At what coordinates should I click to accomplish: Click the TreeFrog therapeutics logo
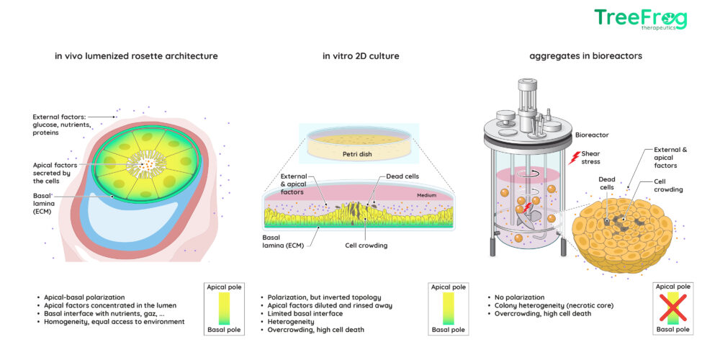(x=641, y=19)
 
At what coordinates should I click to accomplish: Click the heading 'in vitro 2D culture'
(x=361, y=56)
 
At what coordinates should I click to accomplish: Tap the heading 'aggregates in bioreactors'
(x=585, y=56)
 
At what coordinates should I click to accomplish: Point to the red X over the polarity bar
(x=672, y=307)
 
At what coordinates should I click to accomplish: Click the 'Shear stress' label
(x=590, y=158)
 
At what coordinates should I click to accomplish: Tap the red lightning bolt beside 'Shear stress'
(x=574, y=158)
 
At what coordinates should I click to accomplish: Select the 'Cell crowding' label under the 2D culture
(x=366, y=246)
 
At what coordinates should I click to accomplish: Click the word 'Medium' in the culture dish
(x=426, y=196)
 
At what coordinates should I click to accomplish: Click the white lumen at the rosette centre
(x=148, y=164)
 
